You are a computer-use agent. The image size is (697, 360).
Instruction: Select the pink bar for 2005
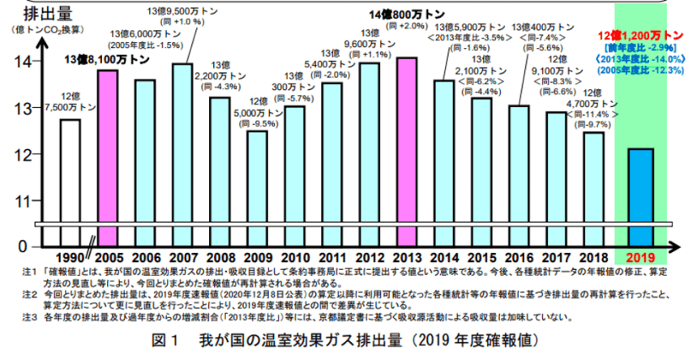pos(107,146)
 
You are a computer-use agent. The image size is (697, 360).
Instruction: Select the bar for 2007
pos(182,142)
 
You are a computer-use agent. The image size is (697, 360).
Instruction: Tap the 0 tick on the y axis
pos(24,246)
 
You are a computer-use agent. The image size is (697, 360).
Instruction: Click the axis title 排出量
pos(32,13)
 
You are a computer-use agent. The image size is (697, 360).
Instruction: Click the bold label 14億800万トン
pos(405,15)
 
